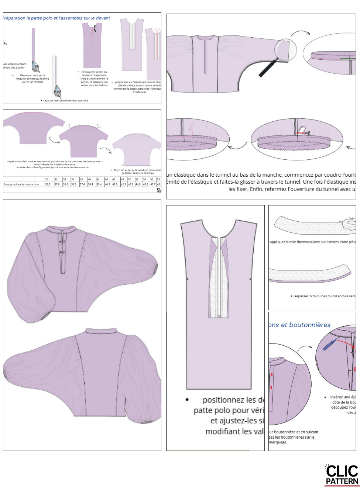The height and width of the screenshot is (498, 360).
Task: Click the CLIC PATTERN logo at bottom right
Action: click(x=342, y=475)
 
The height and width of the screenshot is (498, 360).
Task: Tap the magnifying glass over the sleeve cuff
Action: click(x=285, y=51)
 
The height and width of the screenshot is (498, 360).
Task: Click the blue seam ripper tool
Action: click(x=330, y=344)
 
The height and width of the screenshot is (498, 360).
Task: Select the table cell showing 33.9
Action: click(x=48, y=184)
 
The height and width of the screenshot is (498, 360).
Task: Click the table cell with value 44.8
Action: click(x=138, y=184)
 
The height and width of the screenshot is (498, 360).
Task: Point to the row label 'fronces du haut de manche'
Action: click(x=18, y=184)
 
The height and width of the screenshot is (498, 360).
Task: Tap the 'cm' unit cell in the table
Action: click(x=37, y=184)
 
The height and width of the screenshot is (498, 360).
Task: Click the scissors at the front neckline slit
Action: click(x=95, y=28)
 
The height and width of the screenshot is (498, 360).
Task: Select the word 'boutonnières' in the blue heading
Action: click(x=310, y=325)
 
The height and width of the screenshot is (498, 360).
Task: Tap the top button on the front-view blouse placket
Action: click(x=61, y=242)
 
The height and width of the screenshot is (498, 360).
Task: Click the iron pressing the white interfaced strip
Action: click(x=57, y=90)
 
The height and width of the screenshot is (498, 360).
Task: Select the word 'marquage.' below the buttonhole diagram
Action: click(x=278, y=442)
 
